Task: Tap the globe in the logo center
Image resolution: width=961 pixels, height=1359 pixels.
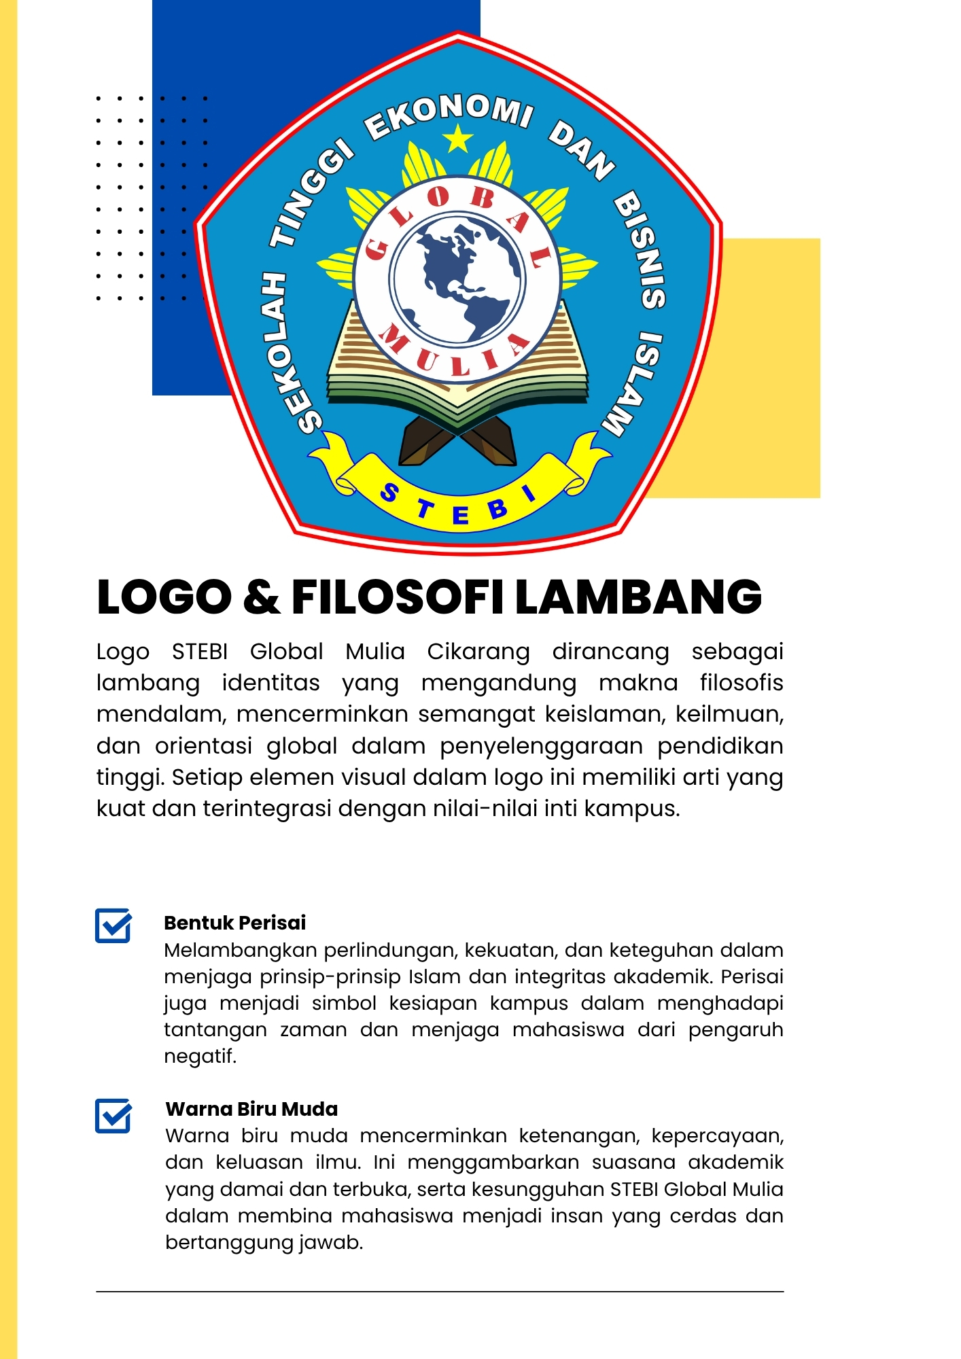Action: click(x=457, y=279)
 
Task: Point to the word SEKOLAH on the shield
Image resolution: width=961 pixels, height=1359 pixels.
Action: click(x=290, y=353)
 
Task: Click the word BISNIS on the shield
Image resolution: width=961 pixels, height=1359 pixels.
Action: click(x=641, y=251)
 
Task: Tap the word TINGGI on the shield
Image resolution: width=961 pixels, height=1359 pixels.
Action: click(x=312, y=194)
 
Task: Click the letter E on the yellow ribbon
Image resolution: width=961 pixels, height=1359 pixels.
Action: click(x=460, y=516)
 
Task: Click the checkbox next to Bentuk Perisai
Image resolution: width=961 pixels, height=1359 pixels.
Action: click(x=113, y=925)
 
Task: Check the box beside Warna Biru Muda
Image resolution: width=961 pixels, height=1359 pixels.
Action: click(x=113, y=1116)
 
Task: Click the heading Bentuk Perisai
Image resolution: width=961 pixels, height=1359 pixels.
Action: click(x=234, y=923)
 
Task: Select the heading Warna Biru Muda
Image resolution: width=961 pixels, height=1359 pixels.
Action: click(x=251, y=1109)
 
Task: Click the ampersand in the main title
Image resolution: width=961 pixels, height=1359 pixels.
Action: click(x=262, y=597)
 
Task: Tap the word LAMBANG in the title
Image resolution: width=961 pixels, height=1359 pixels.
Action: click(x=638, y=597)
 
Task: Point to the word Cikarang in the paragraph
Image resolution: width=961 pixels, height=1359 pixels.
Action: click(x=478, y=652)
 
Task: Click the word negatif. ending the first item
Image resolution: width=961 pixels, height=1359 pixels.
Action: click(x=200, y=1057)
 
